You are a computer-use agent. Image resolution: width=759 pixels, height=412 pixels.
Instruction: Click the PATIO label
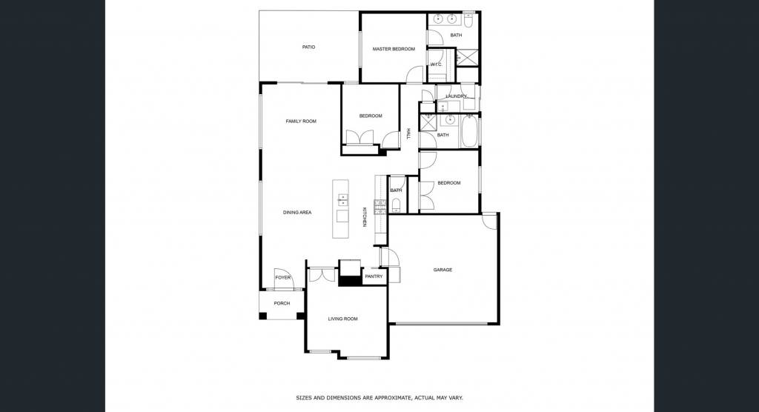[308, 47]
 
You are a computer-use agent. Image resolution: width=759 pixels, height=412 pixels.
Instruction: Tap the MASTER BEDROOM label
[394, 49]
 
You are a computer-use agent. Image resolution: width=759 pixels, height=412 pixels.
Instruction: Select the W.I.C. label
[436, 64]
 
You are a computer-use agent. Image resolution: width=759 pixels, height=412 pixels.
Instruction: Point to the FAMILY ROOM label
[301, 121]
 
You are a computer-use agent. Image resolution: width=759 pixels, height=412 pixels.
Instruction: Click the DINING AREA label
[297, 212]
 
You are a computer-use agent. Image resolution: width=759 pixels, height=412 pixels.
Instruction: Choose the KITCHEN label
[365, 217]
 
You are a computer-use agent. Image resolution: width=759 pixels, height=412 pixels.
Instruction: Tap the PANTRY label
[374, 276]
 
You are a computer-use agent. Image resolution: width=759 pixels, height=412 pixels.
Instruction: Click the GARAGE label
[443, 270]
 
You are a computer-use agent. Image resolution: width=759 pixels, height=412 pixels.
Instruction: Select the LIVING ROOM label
[342, 319]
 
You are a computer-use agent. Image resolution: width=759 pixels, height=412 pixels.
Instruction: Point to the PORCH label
[282, 303]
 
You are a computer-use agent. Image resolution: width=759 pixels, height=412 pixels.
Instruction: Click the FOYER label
[282, 277]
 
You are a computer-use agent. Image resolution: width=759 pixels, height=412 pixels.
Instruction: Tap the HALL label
[408, 134]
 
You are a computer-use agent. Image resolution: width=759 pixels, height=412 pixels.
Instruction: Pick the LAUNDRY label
[456, 96]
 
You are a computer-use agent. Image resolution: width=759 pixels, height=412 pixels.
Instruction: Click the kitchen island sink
[342, 199]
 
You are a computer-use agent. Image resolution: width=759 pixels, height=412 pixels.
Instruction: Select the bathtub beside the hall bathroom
[469, 131]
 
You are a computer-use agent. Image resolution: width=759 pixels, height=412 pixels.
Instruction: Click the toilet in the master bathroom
[468, 20]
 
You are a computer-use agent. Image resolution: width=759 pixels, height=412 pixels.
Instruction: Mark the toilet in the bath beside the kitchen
[396, 207]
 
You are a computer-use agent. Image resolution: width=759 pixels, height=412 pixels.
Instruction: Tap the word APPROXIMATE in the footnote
[386, 398]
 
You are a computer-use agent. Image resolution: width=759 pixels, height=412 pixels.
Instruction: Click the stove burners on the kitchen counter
[380, 207]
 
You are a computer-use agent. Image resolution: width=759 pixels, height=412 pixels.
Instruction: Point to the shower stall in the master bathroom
[467, 57]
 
